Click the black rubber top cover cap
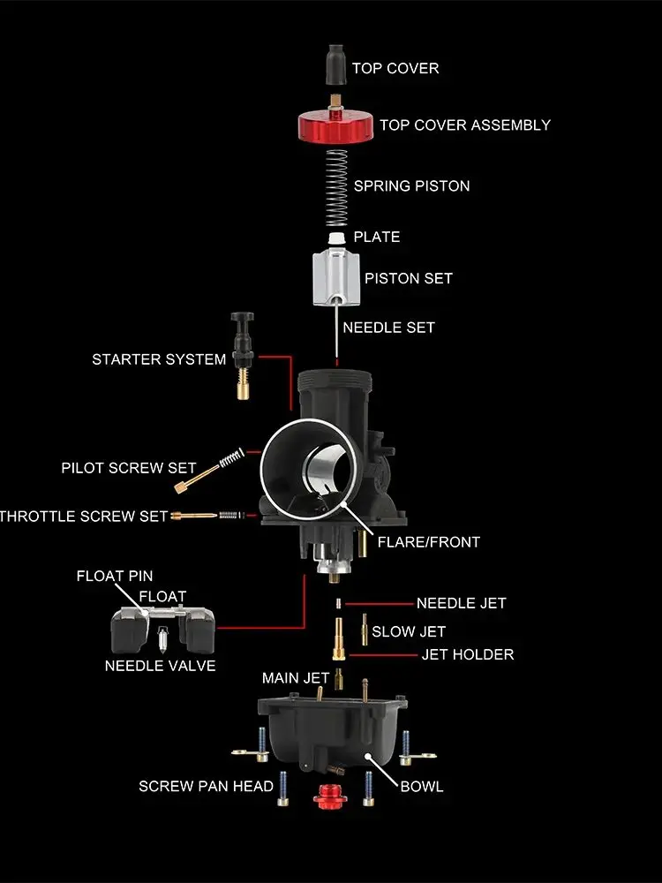335,65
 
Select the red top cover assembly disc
336,126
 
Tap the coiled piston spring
336,188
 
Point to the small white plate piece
336,238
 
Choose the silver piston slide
336,278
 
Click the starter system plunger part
243,356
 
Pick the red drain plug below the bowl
330,796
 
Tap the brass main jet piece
338,678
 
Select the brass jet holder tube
338,638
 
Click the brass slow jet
365,630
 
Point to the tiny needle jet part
338,604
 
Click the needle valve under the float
163,638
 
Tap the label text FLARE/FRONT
428,542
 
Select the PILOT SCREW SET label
128,468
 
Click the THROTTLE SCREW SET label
84,517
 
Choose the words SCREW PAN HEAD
206,786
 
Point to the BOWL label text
422,787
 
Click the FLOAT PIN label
115,576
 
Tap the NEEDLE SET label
388,328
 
